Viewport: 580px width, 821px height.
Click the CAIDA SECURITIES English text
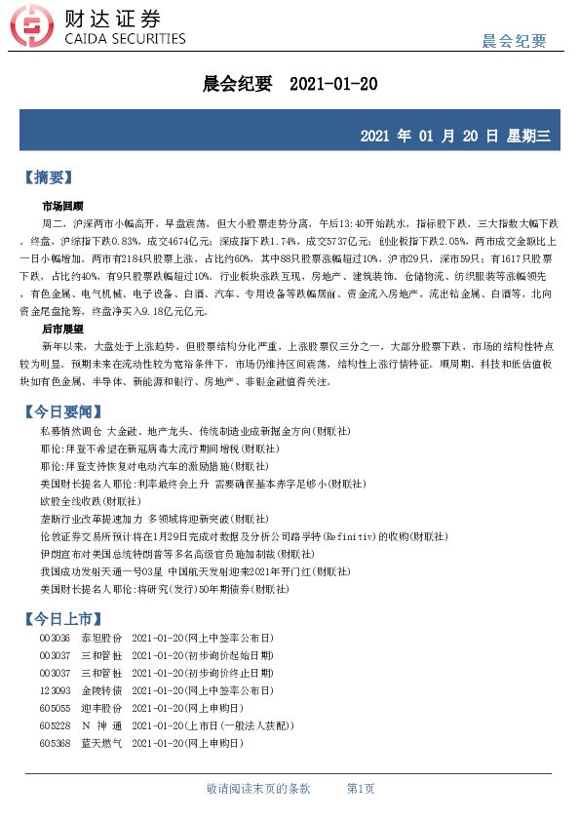coord(124,39)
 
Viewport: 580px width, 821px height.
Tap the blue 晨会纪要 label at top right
coord(514,40)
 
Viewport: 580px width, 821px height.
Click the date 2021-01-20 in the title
coord(333,85)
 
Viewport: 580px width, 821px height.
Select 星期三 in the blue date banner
coord(528,136)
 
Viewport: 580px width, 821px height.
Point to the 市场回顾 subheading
coord(62,206)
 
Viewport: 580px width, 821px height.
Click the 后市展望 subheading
coord(62,330)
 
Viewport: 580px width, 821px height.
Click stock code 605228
coord(56,725)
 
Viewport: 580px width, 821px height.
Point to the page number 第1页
coord(361,788)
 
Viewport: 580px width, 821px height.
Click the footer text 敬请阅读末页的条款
coord(258,788)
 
